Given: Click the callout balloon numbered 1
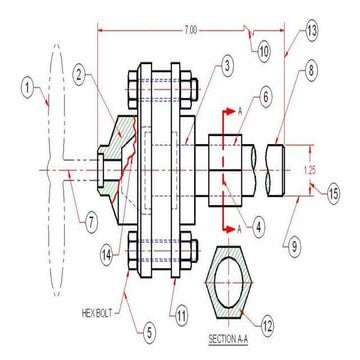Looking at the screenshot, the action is point(28,89).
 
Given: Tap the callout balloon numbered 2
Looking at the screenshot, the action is point(79,75).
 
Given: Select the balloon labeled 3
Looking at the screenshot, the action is point(226,66).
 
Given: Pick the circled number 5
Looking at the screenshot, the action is point(149,332).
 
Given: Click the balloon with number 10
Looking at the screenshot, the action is point(264,53).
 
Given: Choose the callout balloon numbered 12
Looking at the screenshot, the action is point(267,325).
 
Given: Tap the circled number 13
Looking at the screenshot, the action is point(311,32).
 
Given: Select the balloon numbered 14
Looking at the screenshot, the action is point(107,256).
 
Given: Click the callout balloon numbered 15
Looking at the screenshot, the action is point(333,194).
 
